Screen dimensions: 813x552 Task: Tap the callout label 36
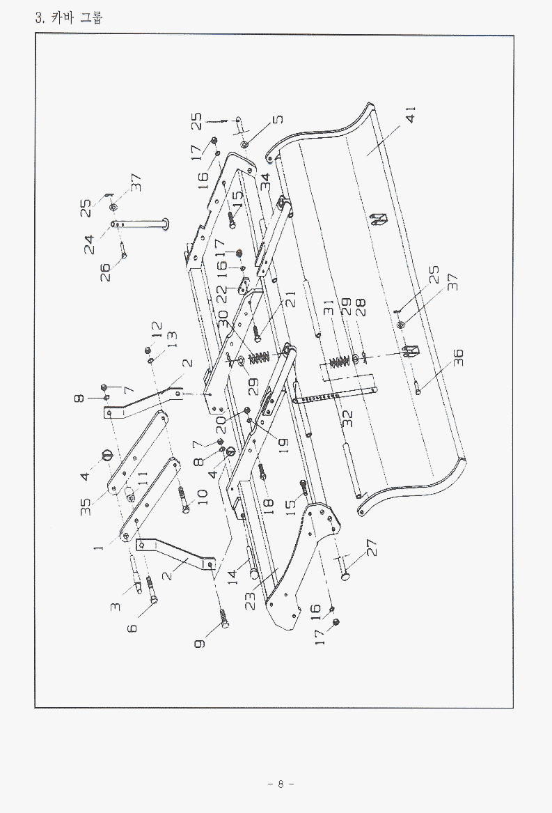point(458,358)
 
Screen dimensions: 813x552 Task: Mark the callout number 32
point(348,419)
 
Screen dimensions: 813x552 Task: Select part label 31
point(329,307)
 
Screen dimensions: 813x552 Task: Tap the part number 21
point(291,298)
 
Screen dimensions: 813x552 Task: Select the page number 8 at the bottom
point(281,784)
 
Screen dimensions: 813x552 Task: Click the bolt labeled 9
point(225,616)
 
